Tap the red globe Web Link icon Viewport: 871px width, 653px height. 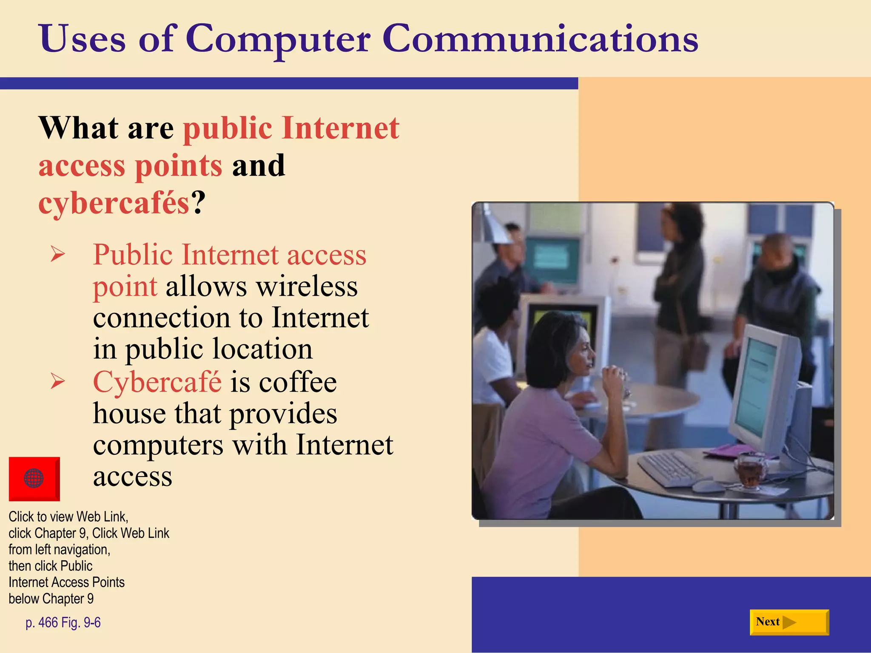34,478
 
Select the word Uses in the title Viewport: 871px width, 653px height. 82,39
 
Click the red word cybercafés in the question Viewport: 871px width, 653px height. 114,203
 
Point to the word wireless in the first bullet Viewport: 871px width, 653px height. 307,287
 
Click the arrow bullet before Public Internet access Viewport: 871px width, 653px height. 57,254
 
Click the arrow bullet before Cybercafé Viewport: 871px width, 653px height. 57,381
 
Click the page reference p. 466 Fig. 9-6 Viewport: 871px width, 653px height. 63,622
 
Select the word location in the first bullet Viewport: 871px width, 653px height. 262,349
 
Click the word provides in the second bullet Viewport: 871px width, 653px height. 283,414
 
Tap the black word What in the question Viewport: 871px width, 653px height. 78,128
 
